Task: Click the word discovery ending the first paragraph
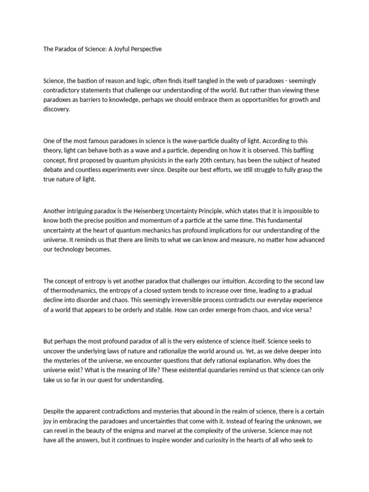point(57,109)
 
